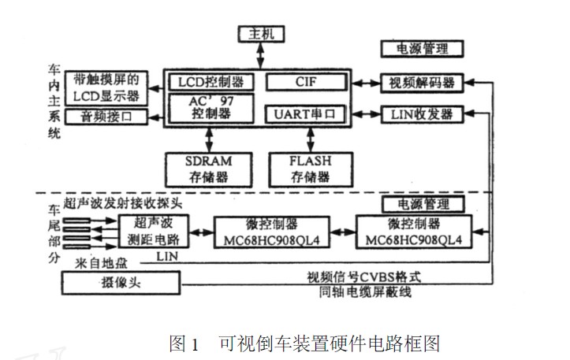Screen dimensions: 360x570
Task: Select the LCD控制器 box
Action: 210,82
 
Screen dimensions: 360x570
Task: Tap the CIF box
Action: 305,82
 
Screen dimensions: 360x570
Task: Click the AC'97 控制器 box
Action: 210,109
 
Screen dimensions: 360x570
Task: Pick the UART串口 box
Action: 305,114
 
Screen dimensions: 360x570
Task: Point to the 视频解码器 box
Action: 422,82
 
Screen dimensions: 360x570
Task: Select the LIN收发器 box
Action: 422,114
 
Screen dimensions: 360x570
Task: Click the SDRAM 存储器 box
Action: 209,167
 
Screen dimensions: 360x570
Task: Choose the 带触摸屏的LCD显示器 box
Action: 106,87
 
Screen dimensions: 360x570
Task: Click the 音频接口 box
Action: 105,117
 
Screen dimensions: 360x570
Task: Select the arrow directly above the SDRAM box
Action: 209,139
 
